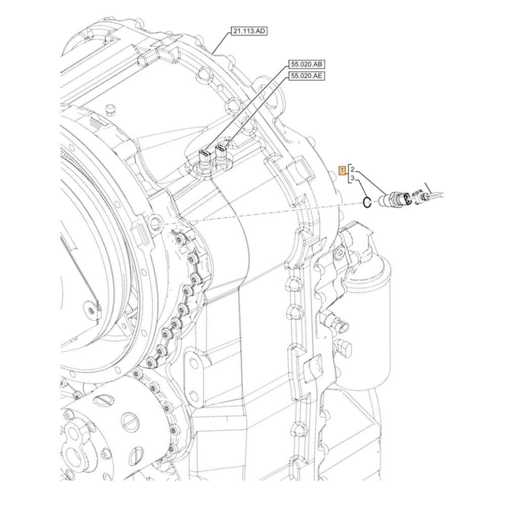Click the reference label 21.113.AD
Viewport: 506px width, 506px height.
coord(249,31)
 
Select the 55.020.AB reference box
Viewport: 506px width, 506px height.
coord(307,64)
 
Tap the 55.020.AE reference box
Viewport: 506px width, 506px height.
coord(307,76)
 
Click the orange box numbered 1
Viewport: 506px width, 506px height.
coord(343,170)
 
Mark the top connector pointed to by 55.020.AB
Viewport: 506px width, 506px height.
coord(205,154)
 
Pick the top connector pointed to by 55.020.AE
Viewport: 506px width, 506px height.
coord(222,151)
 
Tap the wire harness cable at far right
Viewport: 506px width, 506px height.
coord(438,192)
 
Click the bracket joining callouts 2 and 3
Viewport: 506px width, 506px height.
coord(348,174)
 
